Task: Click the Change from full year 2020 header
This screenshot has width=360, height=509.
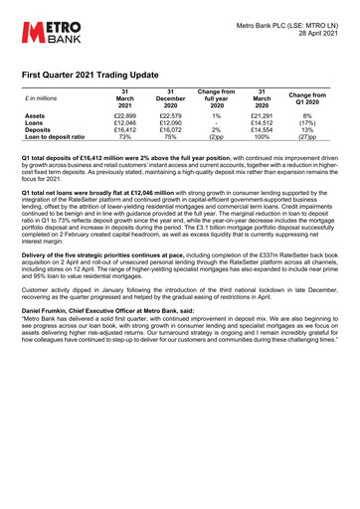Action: point(216,97)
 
